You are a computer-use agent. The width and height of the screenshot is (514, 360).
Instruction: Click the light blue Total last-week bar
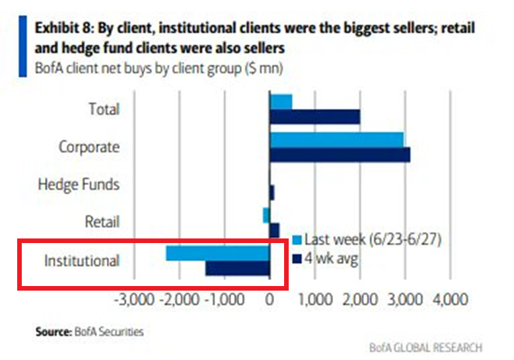pos(281,102)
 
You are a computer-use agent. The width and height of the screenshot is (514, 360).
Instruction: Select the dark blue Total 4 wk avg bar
pos(314,117)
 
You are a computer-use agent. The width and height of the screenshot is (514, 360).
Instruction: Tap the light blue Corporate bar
pos(336,139)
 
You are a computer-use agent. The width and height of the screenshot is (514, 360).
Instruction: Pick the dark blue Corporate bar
pos(340,155)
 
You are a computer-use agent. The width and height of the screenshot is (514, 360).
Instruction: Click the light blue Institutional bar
pos(217,253)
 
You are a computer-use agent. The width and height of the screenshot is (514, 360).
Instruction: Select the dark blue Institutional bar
pos(237,268)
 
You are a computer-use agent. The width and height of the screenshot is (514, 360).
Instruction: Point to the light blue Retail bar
pos(266,215)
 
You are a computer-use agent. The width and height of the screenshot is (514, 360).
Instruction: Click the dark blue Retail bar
pos(274,230)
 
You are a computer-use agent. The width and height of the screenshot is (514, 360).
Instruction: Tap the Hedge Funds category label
pos(79,184)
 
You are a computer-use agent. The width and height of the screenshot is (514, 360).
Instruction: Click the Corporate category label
pos(89,146)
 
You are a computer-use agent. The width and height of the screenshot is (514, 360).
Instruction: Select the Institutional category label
pos(82,260)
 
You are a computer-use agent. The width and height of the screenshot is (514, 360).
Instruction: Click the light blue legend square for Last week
pos(297,239)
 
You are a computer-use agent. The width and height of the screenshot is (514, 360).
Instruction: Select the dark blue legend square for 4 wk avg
pos(297,258)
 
